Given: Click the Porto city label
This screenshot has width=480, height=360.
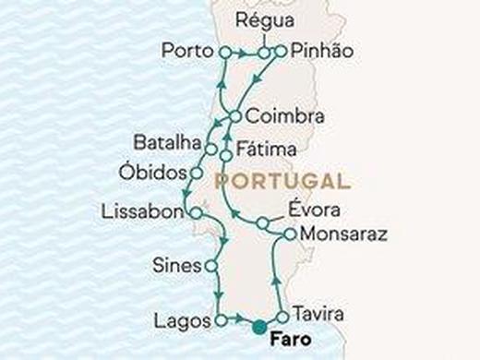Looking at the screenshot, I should point(187,50).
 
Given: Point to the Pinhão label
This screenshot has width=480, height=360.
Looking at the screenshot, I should point(318,50).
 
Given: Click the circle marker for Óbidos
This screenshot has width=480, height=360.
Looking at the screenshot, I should point(196,173).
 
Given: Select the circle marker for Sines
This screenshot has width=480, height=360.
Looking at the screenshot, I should point(212,266).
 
